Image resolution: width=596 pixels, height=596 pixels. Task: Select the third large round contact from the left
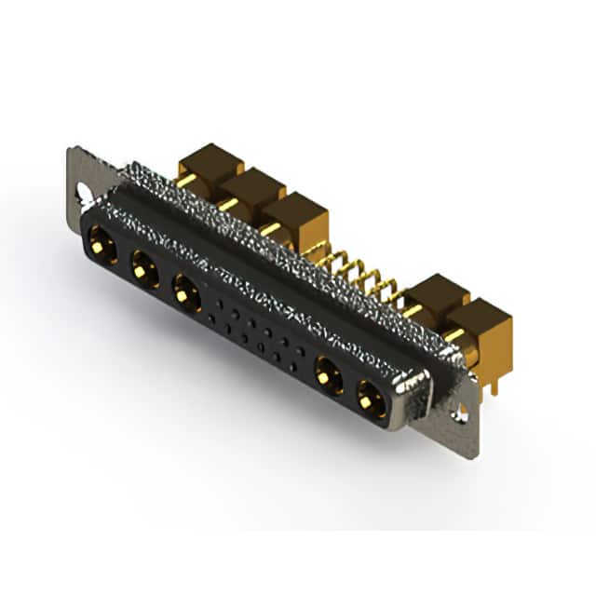point(187,294)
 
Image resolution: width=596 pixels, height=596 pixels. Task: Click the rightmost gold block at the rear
point(481,321)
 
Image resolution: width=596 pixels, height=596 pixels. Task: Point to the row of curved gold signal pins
point(359,270)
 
